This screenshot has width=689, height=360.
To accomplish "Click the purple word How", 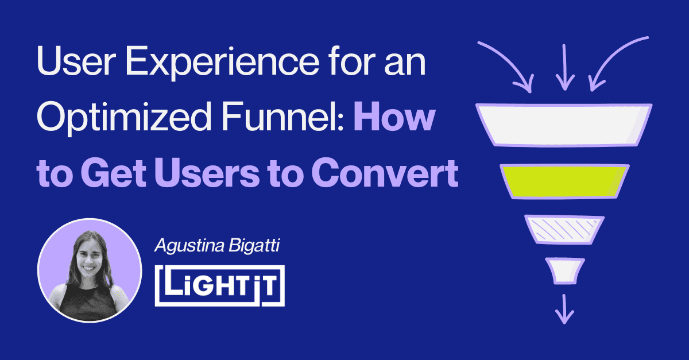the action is click(x=394, y=117).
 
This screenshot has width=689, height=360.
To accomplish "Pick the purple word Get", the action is click(x=114, y=173).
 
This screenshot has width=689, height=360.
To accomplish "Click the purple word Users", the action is click(x=207, y=173).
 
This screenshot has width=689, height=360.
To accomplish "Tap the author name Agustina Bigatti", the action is click(x=217, y=246).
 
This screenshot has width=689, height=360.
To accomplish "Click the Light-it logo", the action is click(x=219, y=286).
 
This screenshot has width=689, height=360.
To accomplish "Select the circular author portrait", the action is click(x=90, y=270).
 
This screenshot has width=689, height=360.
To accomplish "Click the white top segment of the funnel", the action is click(x=564, y=125).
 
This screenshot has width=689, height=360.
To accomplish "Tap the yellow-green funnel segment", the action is click(x=564, y=181).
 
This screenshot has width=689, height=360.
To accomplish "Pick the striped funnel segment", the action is click(x=564, y=230).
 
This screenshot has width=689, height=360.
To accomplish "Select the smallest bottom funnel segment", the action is click(x=565, y=271).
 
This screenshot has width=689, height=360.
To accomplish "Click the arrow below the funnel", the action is click(x=564, y=309).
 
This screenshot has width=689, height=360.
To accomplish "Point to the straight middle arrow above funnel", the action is click(x=565, y=68).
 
